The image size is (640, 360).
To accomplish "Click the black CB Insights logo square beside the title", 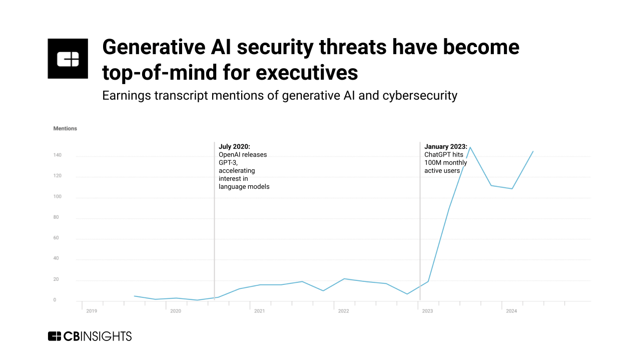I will pos(68,59).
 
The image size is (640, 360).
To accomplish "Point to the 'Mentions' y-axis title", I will pos(65,129).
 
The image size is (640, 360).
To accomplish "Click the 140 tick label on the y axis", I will pos(57,155).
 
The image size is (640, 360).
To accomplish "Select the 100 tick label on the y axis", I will pos(57,196).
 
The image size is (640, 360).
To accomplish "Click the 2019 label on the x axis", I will pos(92,311).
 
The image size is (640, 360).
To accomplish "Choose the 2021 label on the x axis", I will pos(259,311).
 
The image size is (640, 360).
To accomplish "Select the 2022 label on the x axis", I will pos(343,311).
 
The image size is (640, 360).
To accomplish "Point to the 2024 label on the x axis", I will pos(511,311).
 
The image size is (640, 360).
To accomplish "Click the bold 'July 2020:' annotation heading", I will pos(234,147).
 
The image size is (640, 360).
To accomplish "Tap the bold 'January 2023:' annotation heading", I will pos(446,147).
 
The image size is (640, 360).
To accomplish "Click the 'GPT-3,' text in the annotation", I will pos(228,163).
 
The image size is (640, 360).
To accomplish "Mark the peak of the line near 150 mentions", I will pos(470,147).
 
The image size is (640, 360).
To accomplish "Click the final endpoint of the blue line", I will pos(533,151).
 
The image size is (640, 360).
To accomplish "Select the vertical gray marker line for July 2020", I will pos(214,225).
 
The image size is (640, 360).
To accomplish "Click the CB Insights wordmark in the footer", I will pos(90,336).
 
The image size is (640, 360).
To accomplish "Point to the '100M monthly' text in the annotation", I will pos(446,163).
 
